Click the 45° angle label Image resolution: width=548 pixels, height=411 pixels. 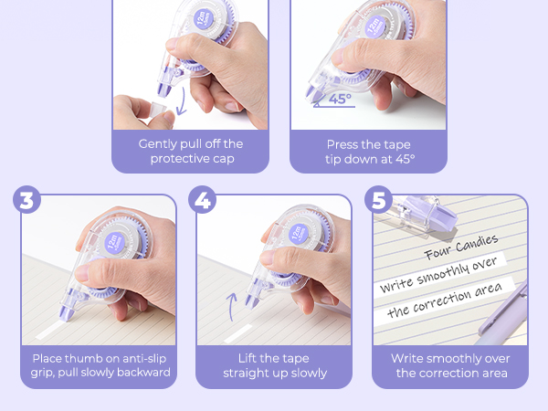337,100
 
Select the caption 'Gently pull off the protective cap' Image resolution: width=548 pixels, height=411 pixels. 190,152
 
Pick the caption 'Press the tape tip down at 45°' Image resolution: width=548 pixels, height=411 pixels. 369,152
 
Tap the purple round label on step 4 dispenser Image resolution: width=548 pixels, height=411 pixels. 298,237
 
